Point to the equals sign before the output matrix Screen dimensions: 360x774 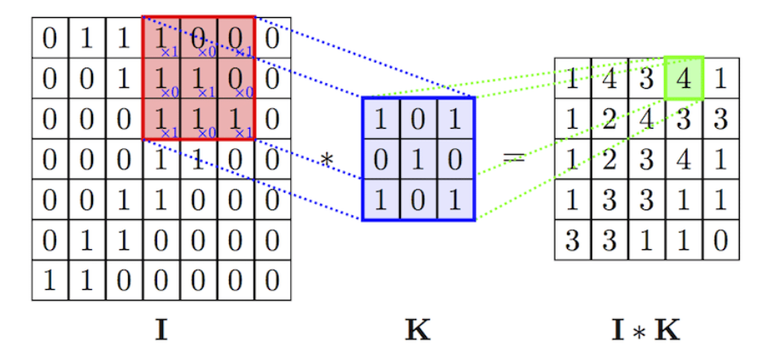[513, 158]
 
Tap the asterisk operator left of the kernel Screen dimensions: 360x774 [327, 159]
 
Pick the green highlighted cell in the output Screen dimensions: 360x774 [684, 78]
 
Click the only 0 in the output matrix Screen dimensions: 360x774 [720, 240]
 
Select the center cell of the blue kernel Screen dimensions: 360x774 [418, 159]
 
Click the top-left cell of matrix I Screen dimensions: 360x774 [50, 37]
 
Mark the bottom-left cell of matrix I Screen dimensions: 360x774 [50, 281]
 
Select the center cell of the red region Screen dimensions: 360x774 [199, 78]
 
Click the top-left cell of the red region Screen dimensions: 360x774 [161, 37]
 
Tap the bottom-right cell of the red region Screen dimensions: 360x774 [236, 119]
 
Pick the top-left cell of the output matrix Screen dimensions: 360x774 [573, 78]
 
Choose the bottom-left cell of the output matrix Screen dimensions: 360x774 [573, 240]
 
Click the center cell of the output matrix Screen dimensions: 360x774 [647, 159]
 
